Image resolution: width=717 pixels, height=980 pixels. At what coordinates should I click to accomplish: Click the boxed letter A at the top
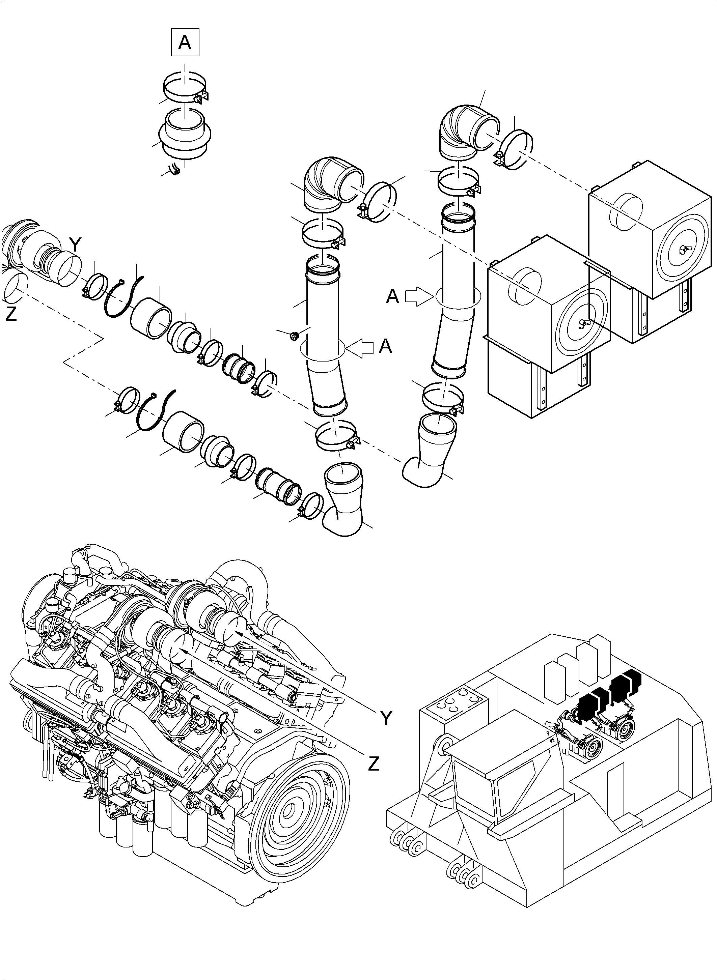pos(185,42)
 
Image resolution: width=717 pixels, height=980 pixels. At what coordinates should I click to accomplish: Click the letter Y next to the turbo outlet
pos(75,246)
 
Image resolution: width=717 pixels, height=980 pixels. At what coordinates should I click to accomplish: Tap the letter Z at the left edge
pos(11,314)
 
